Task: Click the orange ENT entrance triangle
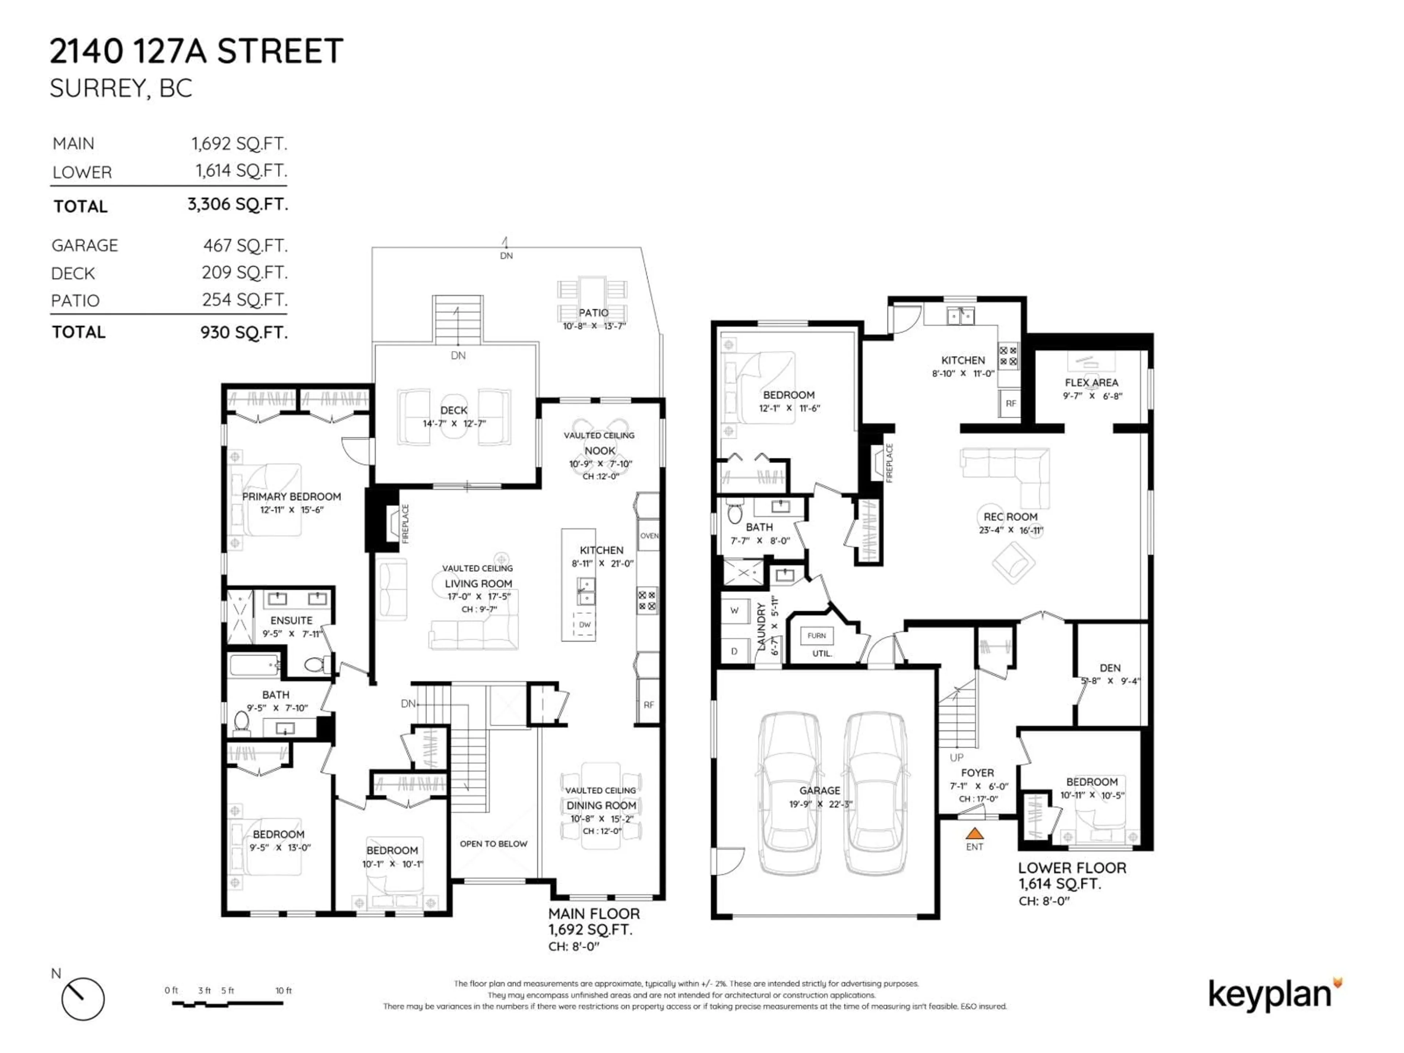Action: (x=974, y=833)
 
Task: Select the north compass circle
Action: (x=83, y=999)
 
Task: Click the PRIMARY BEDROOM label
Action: (x=291, y=497)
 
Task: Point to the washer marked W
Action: (x=735, y=611)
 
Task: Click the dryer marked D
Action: (x=735, y=651)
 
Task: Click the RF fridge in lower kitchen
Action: (x=1011, y=403)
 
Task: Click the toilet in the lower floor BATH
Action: (x=735, y=513)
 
